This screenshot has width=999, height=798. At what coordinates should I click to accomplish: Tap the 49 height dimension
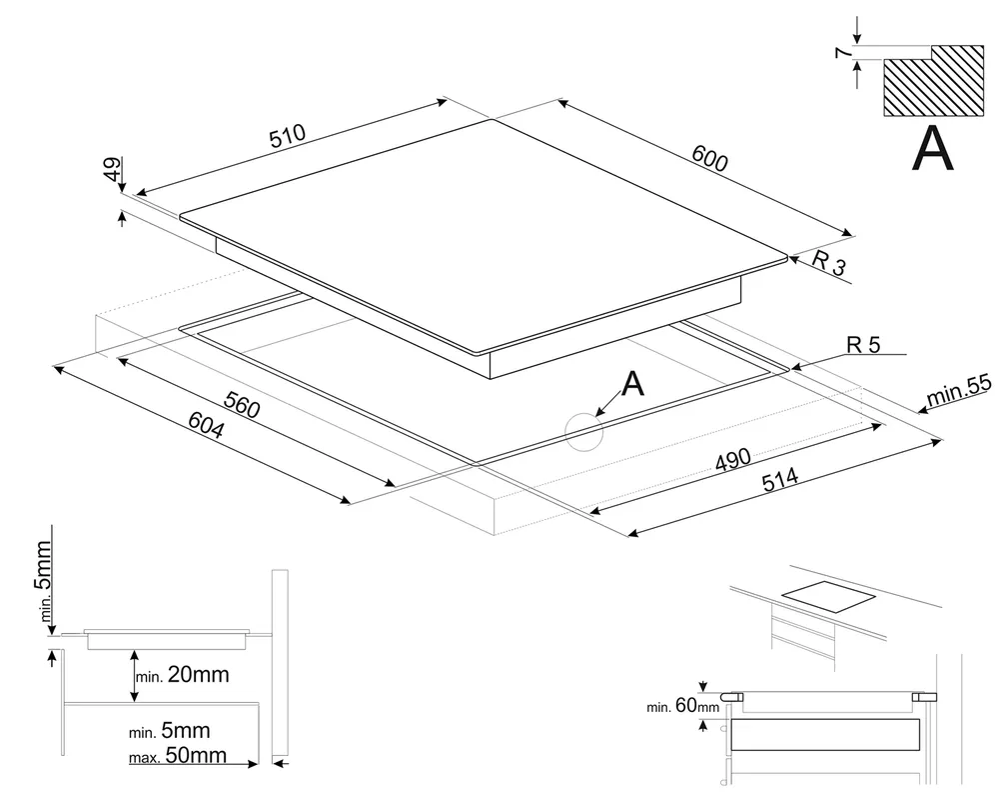(x=112, y=170)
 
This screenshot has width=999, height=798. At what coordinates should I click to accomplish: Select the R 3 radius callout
(x=828, y=265)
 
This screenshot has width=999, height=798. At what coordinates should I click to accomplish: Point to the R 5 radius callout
(x=863, y=345)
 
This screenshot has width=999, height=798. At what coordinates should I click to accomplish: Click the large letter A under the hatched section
(x=933, y=151)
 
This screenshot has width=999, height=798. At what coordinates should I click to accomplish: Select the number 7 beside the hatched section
(x=841, y=52)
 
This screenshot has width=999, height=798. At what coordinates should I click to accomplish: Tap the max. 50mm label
(x=178, y=755)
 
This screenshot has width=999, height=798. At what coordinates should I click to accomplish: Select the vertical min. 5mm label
(x=45, y=581)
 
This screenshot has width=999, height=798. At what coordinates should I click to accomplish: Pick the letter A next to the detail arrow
(x=633, y=382)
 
